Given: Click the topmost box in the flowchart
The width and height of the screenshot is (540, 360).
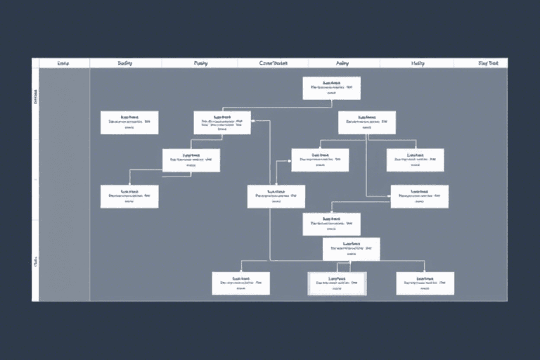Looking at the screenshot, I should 331,88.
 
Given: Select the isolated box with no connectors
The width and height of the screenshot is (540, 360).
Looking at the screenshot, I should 129,122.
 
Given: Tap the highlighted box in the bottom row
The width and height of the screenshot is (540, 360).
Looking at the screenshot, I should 337,283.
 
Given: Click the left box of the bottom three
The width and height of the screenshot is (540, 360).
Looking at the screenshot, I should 241,283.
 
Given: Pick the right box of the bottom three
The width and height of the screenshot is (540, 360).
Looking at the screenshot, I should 425,283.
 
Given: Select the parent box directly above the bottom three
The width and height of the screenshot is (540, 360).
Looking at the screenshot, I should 351,249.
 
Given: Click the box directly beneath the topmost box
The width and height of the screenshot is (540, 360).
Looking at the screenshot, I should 366,122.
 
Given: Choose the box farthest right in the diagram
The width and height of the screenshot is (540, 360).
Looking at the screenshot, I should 419,196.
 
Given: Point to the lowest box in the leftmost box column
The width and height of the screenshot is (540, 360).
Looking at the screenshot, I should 129,196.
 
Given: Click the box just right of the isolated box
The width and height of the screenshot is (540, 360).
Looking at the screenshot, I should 222,122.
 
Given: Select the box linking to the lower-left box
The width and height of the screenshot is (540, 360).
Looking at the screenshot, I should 191,160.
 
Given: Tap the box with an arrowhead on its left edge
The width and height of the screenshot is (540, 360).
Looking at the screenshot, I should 320,160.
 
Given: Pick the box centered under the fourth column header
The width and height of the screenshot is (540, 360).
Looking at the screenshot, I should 276,196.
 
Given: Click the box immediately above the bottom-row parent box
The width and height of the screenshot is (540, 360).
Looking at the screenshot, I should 331,224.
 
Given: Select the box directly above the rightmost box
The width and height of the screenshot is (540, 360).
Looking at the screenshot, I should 415,160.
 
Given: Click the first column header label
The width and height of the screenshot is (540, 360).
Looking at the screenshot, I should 64,63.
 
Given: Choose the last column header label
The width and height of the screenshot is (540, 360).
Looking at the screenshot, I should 488,63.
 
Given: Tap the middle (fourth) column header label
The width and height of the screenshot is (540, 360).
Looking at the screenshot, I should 274,63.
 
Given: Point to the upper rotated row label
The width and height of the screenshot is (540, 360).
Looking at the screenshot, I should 36,98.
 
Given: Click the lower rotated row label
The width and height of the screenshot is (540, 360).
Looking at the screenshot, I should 36,263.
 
